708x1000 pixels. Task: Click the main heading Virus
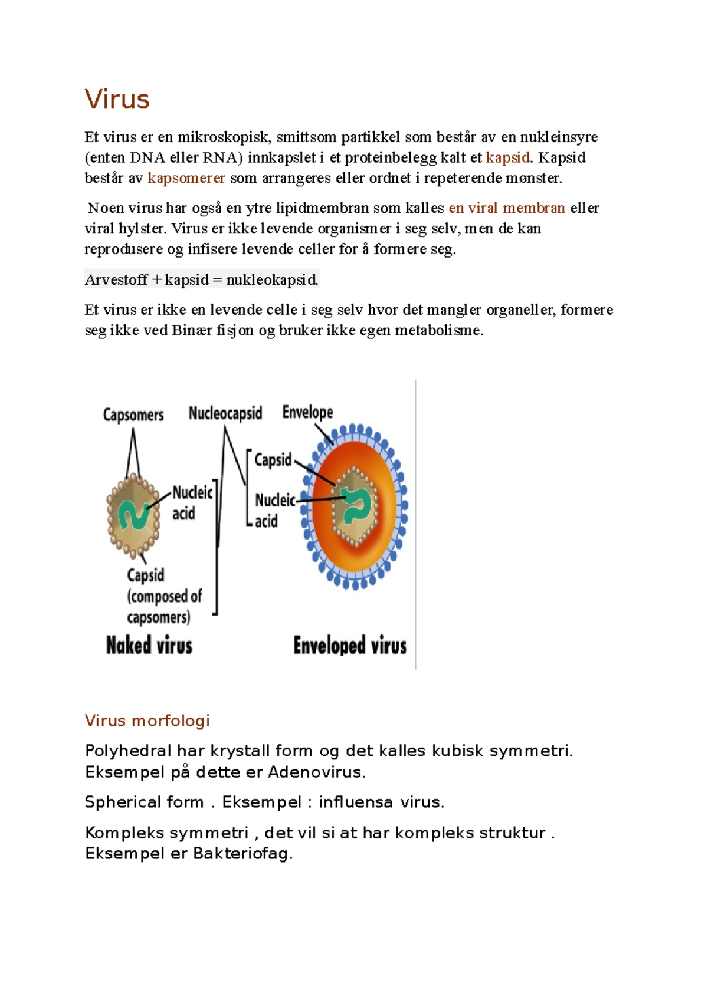117,99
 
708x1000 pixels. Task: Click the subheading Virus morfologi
147,721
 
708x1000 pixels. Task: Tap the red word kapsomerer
186,178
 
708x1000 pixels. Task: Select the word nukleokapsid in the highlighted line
272,279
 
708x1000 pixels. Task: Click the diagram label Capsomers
133,415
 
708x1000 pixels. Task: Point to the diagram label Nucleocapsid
225,413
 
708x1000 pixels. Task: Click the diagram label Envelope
307,412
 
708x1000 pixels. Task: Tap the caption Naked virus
149,645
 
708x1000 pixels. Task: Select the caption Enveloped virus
350,645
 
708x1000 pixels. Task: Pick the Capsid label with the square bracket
273,459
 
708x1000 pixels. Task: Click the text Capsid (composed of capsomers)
163,596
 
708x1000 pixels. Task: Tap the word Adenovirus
316,772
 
